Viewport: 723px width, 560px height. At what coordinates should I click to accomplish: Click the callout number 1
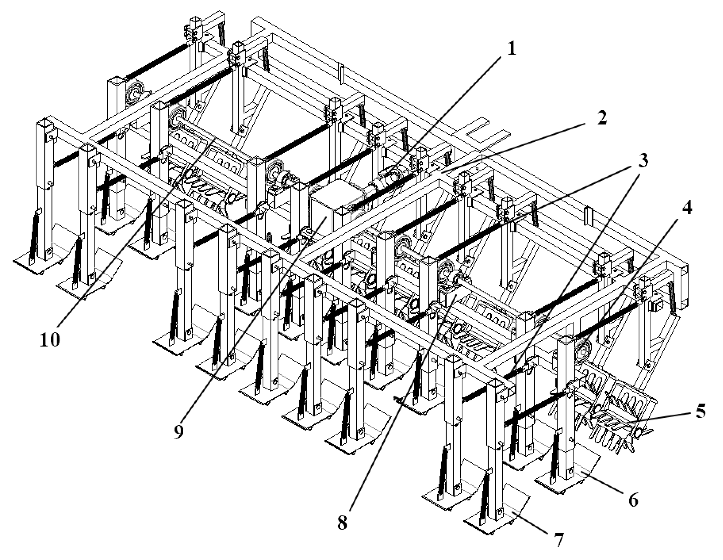[511, 50]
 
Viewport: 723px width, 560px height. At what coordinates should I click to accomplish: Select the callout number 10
[50, 340]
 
